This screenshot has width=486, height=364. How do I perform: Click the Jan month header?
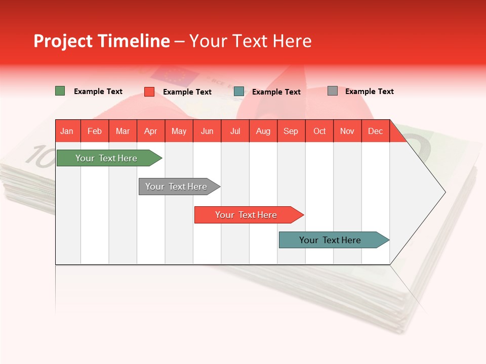[67, 131]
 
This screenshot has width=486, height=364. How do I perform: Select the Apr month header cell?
[150, 131]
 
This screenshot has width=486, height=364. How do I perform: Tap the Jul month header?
[235, 131]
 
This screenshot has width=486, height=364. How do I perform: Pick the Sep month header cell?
[291, 131]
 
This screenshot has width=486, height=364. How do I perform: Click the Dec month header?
[375, 131]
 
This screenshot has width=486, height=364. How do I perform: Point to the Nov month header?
[347, 131]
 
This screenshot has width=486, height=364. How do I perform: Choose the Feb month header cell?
[95, 131]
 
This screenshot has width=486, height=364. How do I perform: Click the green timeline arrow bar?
[106, 158]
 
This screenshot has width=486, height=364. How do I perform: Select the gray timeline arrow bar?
[176, 187]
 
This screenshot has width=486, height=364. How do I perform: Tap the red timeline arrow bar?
[246, 215]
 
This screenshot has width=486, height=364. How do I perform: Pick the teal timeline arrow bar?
[330, 240]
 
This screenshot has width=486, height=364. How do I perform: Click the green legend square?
[60, 91]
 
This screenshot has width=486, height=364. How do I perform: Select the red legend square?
[149, 92]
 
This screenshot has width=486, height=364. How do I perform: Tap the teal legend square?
[238, 92]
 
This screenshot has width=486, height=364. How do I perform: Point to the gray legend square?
[332, 91]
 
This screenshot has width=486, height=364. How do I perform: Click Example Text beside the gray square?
[369, 91]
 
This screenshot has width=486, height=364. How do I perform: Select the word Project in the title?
[63, 41]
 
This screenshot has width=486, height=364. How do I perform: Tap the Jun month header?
[207, 131]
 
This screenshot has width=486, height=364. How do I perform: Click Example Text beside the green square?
[98, 91]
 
